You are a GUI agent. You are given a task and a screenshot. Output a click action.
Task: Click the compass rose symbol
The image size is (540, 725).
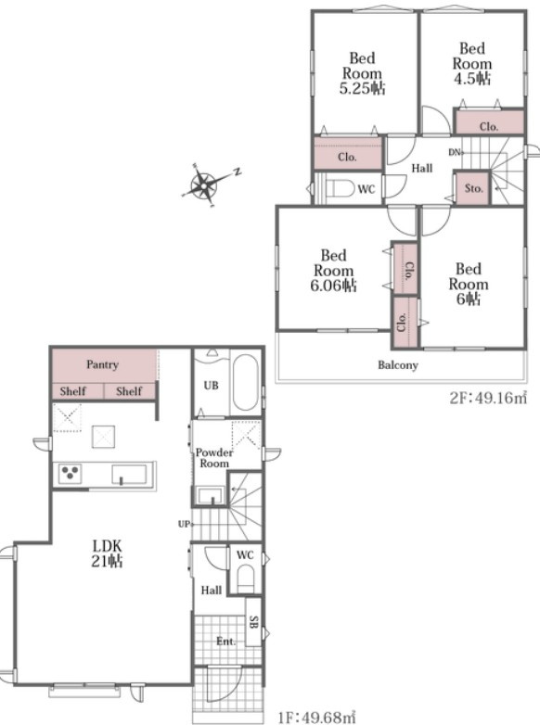click(204, 186)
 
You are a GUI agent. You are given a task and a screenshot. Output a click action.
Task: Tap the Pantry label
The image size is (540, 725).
click(102, 364)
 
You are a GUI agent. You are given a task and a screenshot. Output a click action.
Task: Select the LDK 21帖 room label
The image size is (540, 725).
click(107, 553)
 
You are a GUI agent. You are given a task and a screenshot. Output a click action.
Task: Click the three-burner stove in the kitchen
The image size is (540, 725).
click(70, 473)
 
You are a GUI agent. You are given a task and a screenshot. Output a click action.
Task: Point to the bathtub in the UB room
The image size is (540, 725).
click(245, 382)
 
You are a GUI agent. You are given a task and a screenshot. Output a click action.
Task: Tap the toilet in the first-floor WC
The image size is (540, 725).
click(245, 579)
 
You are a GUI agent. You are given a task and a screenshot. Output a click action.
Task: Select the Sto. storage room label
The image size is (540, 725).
click(473, 188)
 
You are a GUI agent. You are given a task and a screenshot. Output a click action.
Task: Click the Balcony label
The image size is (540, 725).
click(398, 365)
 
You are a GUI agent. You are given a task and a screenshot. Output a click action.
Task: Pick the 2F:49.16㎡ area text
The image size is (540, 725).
click(488, 398)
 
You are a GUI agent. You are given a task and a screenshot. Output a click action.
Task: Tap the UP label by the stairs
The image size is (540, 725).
click(185, 525)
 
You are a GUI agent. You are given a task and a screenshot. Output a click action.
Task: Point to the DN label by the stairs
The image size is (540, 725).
click(454, 152)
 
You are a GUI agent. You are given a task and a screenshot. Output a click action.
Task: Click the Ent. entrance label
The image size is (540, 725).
click(225, 642)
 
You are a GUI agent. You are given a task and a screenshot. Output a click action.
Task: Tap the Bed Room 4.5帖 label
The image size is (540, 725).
click(471, 63)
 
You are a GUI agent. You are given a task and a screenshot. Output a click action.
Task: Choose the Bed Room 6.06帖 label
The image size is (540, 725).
click(333, 271)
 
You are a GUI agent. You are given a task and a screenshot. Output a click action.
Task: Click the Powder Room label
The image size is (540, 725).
click(213, 458)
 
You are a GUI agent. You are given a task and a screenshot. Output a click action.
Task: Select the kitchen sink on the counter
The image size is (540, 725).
click(129, 475)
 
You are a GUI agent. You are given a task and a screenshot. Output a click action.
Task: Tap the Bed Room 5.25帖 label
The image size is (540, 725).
click(362, 73)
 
